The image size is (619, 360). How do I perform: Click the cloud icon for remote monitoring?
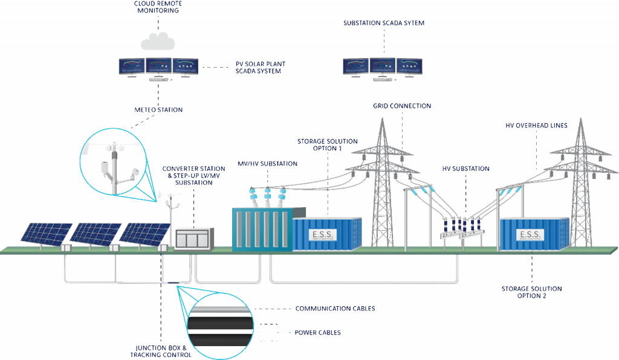(x=157, y=41)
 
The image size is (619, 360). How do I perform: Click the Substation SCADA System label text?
(x=384, y=23)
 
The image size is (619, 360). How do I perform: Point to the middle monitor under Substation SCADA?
(x=383, y=66)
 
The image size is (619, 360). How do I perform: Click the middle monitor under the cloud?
(x=158, y=66)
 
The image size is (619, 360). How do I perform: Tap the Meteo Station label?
(x=158, y=110)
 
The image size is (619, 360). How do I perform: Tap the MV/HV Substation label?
(x=267, y=164)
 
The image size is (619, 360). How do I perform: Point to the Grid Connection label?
(x=402, y=106)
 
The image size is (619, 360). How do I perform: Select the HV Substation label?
(x=465, y=169)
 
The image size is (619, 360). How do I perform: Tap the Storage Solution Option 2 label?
(x=532, y=292)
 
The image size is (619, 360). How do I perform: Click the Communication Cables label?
(x=335, y=309)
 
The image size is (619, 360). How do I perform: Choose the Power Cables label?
(x=317, y=333)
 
